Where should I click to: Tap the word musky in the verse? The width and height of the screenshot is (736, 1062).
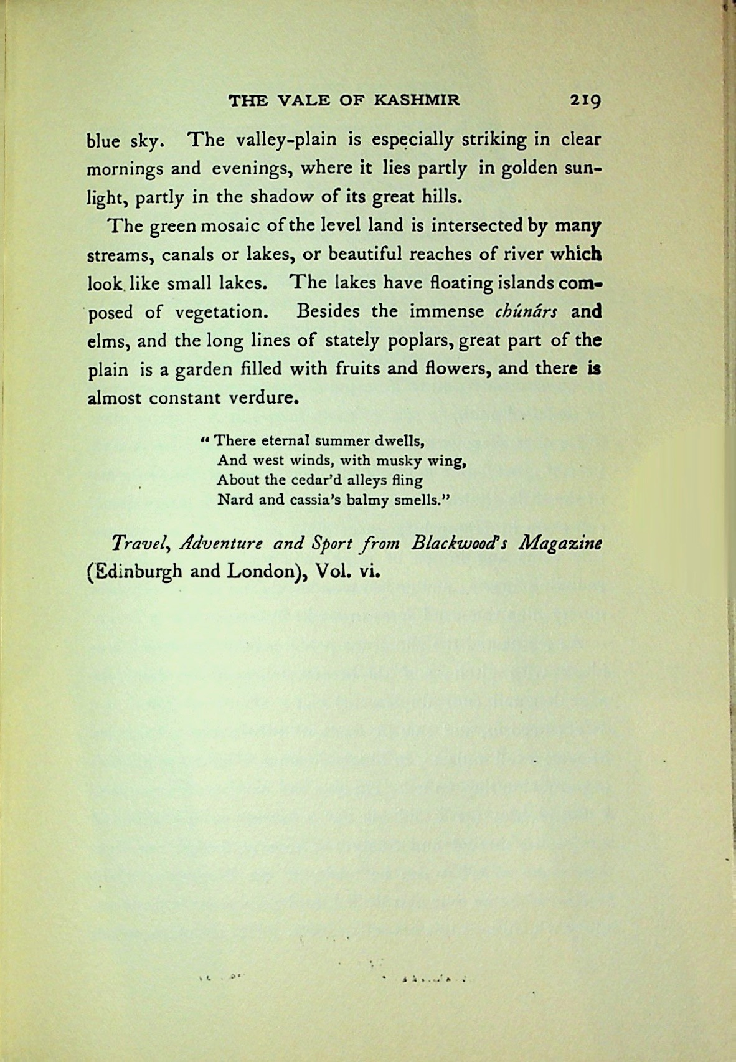click(x=384, y=461)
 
